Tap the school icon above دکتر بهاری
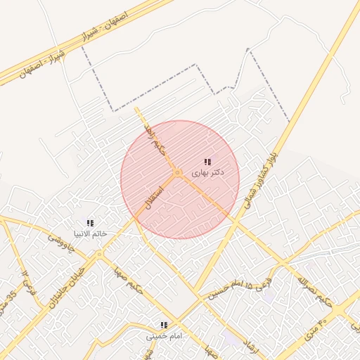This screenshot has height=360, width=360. [207, 162]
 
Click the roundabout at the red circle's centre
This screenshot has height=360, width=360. [179, 172]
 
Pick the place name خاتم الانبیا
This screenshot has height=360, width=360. [90, 233]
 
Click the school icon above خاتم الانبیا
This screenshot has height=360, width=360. [90, 223]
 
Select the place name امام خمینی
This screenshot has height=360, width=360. [164, 335]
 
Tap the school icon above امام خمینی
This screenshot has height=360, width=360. [164, 325]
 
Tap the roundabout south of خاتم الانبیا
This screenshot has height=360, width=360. [100, 254]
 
